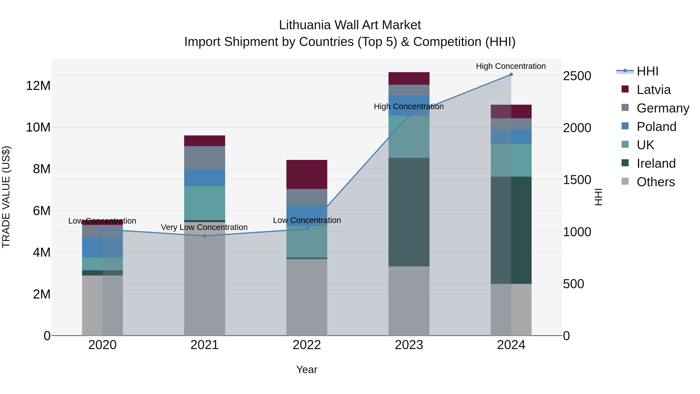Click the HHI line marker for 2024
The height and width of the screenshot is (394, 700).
point(511,75)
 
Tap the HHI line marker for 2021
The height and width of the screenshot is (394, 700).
point(205,236)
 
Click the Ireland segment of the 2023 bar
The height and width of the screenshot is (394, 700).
point(409,212)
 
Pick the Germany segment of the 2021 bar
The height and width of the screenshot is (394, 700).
point(205,158)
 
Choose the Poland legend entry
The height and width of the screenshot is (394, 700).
point(656,127)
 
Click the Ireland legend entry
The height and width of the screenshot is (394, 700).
point(656,163)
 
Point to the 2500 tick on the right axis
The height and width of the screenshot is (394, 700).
point(577,76)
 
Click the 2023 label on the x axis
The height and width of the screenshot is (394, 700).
point(409,345)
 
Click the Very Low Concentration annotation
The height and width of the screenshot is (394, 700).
point(204,227)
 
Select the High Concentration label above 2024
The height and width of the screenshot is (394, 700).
point(511,66)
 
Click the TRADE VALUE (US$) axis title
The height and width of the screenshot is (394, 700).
point(6,197)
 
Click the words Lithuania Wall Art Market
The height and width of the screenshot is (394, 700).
point(350,25)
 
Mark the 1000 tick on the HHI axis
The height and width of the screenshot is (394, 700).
point(577,232)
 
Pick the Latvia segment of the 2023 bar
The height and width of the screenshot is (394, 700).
point(409,78)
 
